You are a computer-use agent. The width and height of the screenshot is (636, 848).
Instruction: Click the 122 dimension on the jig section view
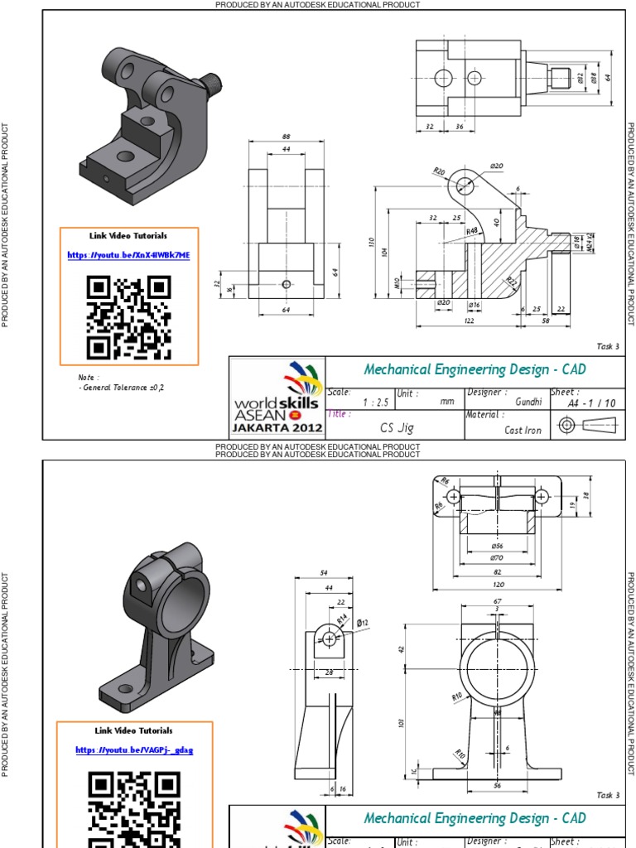coord(469,320)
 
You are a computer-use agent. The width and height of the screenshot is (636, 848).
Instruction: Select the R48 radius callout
coord(472,231)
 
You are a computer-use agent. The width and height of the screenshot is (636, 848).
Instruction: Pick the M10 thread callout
coord(397,285)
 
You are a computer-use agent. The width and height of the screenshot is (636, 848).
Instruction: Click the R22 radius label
coord(512,282)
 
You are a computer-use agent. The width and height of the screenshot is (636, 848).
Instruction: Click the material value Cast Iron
coord(523,430)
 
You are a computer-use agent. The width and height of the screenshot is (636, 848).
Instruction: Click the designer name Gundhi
coord(528,402)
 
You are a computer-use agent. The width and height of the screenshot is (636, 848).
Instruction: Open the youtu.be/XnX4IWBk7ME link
coord(128,255)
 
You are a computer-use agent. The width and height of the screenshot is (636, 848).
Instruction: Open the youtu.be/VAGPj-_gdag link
coord(133,749)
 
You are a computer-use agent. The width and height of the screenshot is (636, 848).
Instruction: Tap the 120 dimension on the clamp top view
coord(497,583)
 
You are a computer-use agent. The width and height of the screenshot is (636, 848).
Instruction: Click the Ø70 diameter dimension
coord(497,558)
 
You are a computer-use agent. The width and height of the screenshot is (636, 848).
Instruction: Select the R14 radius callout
coord(342,618)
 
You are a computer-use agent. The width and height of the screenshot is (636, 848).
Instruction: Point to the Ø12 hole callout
coord(363,622)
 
